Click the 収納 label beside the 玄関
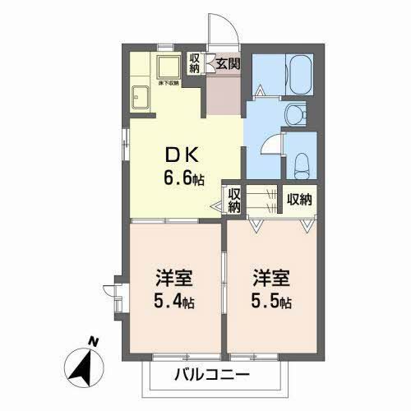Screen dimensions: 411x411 pyautogui.click(x=195, y=63)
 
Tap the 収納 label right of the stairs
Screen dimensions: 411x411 pyautogui.click(x=299, y=199)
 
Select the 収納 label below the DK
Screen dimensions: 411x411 pyautogui.click(x=233, y=200)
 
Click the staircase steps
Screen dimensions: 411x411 pyautogui.click(x=262, y=199)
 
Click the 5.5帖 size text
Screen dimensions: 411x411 pyautogui.click(x=272, y=301)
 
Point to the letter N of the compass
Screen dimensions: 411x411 pyautogui.click(x=94, y=339)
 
